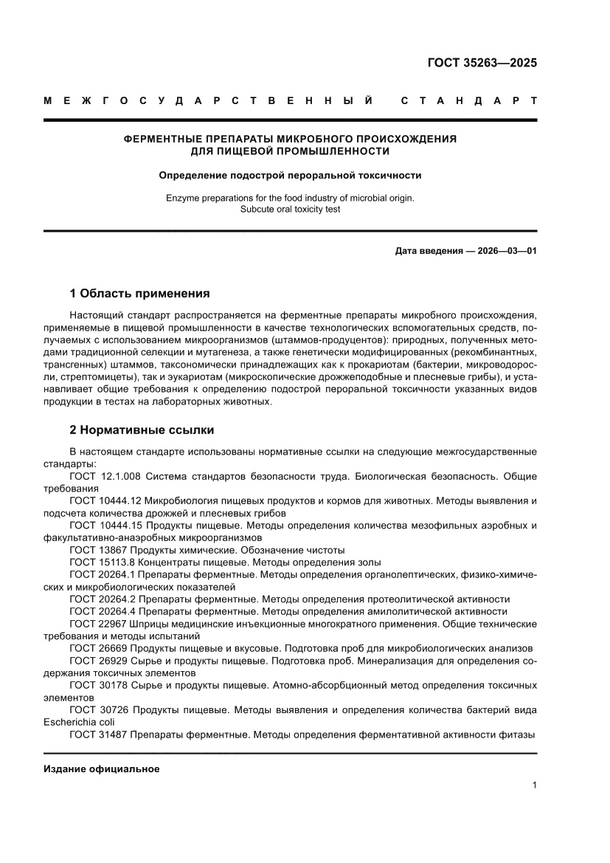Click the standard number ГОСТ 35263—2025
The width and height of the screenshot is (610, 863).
(482, 63)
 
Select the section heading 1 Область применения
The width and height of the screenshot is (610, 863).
(139, 293)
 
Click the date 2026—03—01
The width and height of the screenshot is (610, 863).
(497, 251)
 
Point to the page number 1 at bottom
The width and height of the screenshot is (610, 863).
(533, 785)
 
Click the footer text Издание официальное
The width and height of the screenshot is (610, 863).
(102, 769)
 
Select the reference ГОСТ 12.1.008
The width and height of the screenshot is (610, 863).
(104, 476)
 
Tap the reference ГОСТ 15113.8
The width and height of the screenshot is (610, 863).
(101, 562)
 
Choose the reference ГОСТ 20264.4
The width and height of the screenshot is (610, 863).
(101, 611)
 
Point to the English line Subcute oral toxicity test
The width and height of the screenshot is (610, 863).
(290, 209)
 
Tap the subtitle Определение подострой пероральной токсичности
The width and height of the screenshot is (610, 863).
(290, 176)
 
